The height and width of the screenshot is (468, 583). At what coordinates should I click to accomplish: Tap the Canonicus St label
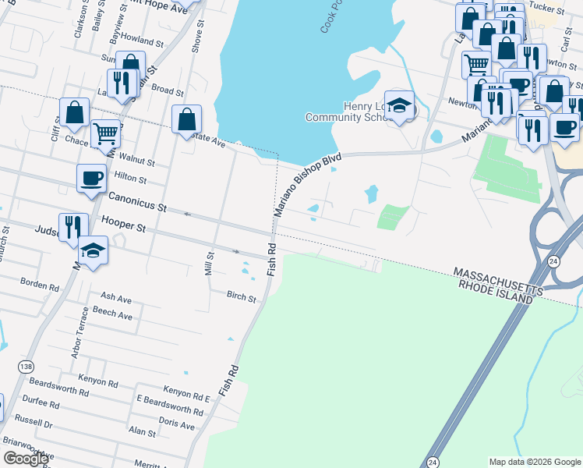coord(138,202)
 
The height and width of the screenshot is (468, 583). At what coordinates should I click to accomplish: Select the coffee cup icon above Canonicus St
coord(91,177)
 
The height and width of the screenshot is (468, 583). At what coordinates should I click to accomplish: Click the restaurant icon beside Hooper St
coord(73,226)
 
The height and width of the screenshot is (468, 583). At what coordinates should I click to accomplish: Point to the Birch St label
coord(242,297)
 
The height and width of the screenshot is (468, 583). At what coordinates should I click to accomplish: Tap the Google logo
coord(26,459)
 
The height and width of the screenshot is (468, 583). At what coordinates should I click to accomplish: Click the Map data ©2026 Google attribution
coord(535,462)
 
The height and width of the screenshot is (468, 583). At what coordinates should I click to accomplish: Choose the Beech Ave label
coord(113,314)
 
